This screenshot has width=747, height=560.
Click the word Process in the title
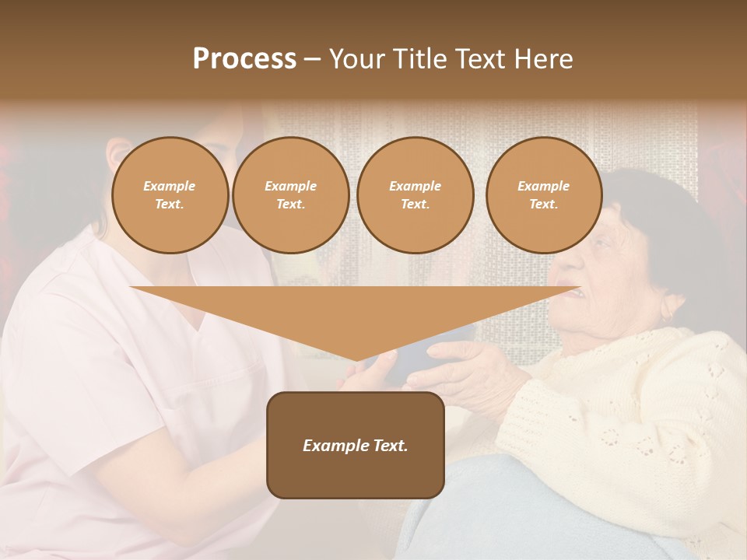coord(244,59)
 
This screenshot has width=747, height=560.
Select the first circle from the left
coord(170,195)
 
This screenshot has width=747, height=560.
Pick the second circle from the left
coord(290,195)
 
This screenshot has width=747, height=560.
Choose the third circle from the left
coord(415,195)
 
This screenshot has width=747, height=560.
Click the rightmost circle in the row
coord(543,195)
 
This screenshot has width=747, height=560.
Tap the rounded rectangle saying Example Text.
coord(356,445)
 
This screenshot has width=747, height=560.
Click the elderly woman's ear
coord(668,309)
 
